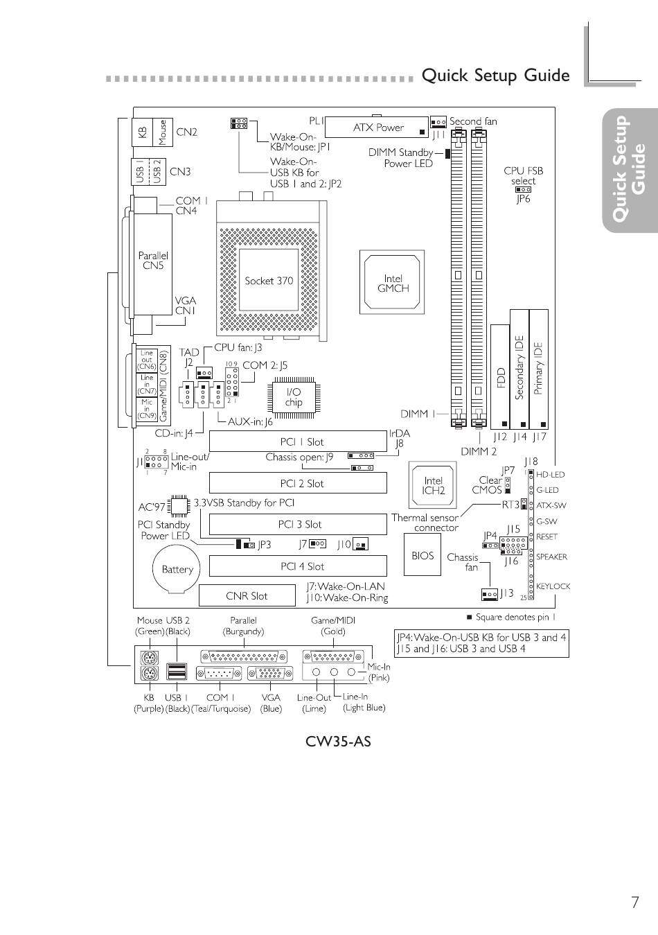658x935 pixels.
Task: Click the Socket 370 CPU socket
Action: tap(269, 281)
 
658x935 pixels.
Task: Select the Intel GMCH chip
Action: tap(393, 283)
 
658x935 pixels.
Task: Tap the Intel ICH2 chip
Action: tap(434, 485)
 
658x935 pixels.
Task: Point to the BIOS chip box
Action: tap(423, 555)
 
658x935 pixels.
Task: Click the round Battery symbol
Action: tap(177, 569)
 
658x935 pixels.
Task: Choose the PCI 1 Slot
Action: tap(298, 442)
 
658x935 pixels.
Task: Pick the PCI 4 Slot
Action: tap(298, 566)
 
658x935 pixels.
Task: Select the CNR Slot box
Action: tap(247, 595)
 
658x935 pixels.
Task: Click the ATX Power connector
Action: tap(377, 127)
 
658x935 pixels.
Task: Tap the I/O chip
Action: tap(294, 397)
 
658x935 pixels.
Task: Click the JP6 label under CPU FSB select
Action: tap(523, 199)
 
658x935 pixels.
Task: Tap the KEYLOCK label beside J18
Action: tap(553, 586)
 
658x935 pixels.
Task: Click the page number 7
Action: tap(634, 902)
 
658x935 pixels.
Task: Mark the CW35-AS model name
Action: tap(338, 742)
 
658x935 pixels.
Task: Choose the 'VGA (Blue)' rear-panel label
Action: tap(271, 703)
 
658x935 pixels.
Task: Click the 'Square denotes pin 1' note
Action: tap(515, 617)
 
